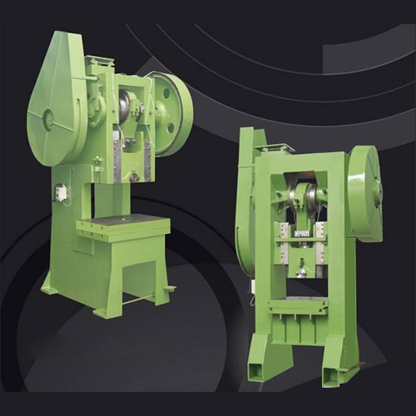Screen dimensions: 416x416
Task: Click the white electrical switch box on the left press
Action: pos(61,191)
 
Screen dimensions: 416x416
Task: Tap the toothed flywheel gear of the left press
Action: pos(173,115)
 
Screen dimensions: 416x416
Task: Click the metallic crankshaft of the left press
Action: pos(126,106)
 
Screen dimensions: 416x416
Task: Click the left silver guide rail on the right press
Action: pos(285,250)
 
